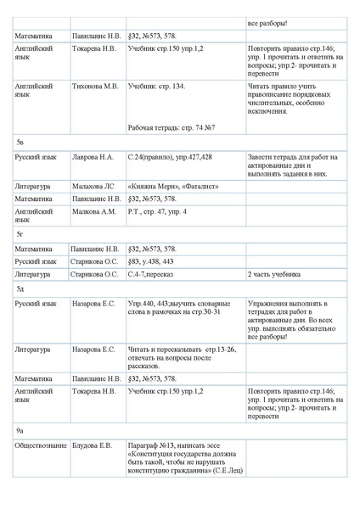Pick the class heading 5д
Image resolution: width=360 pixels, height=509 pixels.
point(20,288)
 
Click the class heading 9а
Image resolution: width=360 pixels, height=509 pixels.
point(20,432)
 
